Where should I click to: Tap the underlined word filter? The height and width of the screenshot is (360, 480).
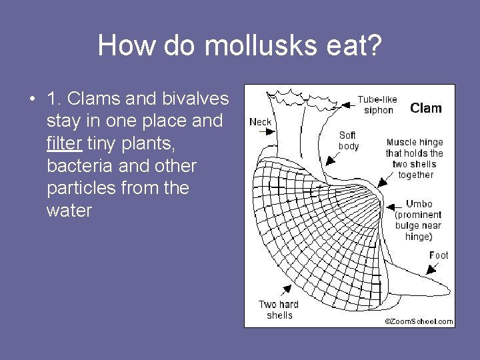point(64,143)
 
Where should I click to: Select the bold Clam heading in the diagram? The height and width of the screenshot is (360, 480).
point(425,108)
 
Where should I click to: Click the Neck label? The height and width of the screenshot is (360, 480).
point(260,121)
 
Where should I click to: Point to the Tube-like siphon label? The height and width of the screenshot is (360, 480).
point(377,105)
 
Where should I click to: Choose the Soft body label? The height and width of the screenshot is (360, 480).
point(348,141)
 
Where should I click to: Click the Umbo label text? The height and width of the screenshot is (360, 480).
point(419,204)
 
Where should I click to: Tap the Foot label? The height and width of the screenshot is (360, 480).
point(438,255)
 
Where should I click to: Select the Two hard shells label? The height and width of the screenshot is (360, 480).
point(279,309)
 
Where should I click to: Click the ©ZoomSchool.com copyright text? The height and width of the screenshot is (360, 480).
point(419,321)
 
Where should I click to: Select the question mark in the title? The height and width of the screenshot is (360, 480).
point(373,45)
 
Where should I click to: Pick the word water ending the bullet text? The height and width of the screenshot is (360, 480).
point(69,211)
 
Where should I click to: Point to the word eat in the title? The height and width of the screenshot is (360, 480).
point(337,45)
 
